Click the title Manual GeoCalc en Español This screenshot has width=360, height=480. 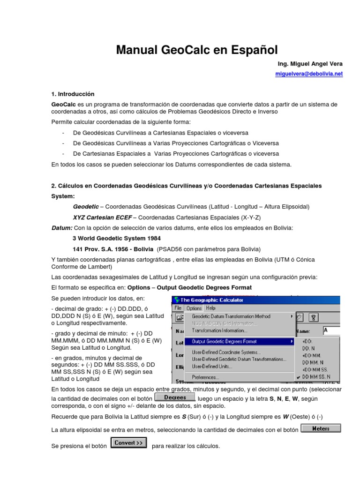tap(197, 49)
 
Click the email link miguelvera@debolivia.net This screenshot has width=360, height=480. tap(308, 74)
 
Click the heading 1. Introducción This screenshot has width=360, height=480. tap(73, 94)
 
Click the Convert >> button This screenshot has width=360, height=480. tap(128, 442)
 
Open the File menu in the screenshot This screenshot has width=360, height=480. tap(178, 308)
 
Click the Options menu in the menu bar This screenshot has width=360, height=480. tap(194, 308)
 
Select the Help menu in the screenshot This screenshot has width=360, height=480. tap(211, 308)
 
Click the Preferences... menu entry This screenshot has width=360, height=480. tap(205, 377)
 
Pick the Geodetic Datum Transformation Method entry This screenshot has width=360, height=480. tap(231, 316)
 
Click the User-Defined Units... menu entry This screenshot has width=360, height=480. tap(212, 366)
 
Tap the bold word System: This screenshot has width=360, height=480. tap(63, 196)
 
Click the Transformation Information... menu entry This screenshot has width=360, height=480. tap(219, 330)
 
